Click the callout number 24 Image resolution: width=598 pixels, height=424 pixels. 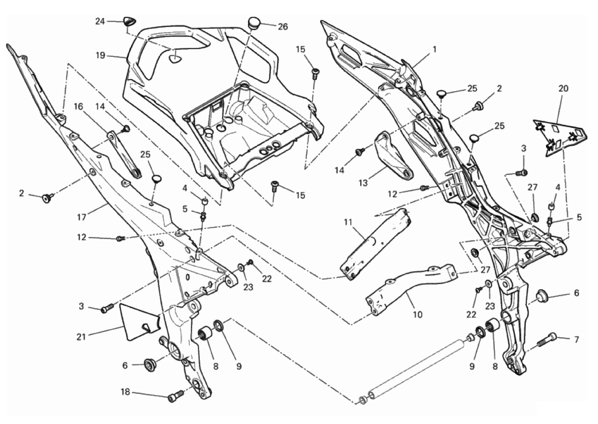click(x=100, y=21)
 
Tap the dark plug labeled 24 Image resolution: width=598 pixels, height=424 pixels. click(x=130, y=22)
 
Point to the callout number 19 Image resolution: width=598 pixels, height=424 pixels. click(x=101, y=56)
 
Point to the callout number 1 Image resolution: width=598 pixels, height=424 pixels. click(x=435, y=49)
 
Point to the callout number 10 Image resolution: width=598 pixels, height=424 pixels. click(x=417, y=315)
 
